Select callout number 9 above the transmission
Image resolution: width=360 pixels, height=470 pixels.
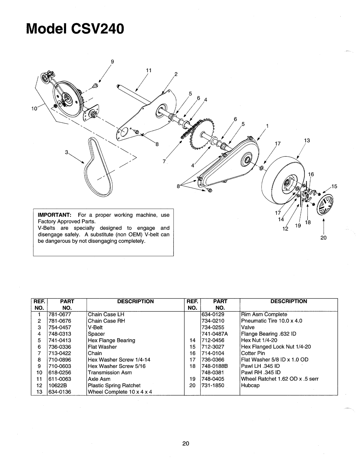coord(112,62)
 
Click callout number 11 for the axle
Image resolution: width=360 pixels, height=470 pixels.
coord(149,70)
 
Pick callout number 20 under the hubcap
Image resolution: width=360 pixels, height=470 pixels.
coord(323,238)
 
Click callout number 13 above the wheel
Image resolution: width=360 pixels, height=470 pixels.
coord(307,140)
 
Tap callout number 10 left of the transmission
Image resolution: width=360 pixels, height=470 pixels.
coord(34,109)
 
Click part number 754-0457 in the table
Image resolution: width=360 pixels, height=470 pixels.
coord(60,328)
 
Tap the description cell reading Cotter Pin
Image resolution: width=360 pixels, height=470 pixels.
coord(253,353)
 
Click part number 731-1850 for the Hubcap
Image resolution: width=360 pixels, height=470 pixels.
coord(213,385)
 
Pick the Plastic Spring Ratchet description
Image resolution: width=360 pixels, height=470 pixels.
coord(114,385)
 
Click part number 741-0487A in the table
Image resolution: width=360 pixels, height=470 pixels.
coord(215,334)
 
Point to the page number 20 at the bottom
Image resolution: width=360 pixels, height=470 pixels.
coord(186,444)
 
